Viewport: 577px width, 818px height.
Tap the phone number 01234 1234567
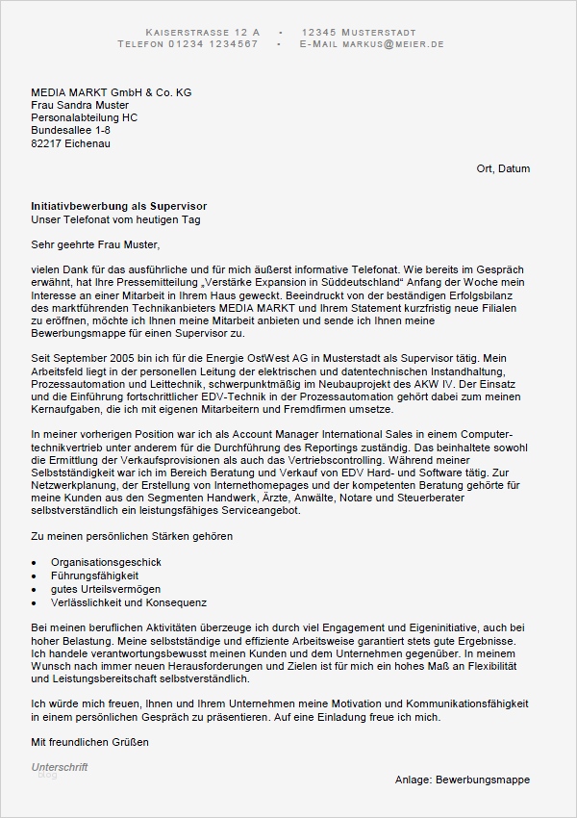coord(214,44)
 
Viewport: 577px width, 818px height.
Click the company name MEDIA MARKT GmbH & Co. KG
coord(111,92)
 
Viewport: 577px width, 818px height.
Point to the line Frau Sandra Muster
coord(79,105)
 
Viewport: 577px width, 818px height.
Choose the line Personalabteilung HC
coord(84,117)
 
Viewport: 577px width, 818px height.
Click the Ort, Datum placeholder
coord(503,168)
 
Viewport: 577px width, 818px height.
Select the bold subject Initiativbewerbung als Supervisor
coord(118,207)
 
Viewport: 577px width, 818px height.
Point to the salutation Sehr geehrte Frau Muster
coord(93,244)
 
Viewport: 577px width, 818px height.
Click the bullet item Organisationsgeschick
coord(106,562)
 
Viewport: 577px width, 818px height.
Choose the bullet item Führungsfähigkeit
coord(93,575)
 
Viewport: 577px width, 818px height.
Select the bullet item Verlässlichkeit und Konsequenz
coord(129,602)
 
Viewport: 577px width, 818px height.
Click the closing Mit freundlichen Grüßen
coord(89,742)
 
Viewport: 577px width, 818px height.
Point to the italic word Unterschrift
coord(60,767)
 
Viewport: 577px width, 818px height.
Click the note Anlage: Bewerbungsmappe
coord(462,780)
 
